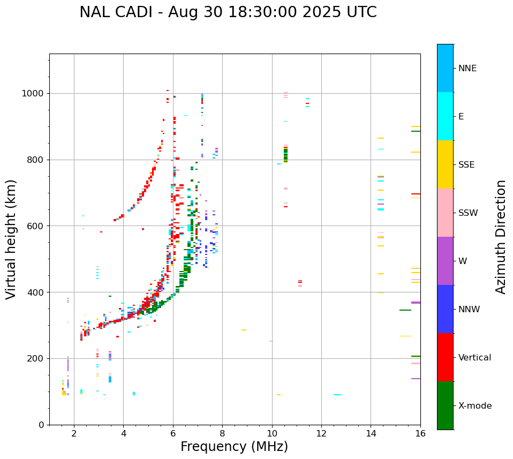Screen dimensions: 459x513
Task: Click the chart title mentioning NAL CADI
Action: pos(228,12)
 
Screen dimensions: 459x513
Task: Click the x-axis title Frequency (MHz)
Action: pos(234,447)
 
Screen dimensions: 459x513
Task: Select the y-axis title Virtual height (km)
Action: pos(11,239)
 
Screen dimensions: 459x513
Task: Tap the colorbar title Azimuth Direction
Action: pos(501,237)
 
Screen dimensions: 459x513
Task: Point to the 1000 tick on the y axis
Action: pos(35,94)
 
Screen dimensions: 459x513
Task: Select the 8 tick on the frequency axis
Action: pos(222,433)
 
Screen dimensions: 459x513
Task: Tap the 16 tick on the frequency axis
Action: pos(420,433)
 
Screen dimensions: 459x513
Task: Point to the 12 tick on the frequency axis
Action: pos(321,433)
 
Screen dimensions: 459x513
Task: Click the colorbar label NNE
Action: pos(467,69)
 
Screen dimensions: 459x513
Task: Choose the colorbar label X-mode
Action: pos(474,406)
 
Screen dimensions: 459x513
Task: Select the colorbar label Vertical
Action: pos(474,358)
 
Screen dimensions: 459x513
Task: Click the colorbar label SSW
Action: pos(468,213)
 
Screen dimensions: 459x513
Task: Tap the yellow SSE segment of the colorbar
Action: pos(445,164)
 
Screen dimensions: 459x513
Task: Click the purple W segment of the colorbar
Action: pos(445,261)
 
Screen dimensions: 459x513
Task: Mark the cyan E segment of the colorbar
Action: pos(445,116)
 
